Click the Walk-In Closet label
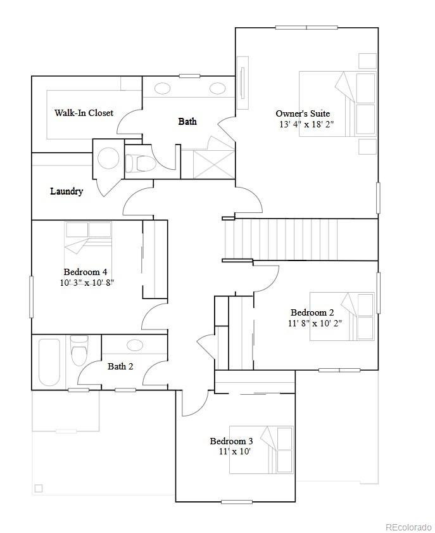coord(84,113)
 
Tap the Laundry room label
coord(66,191)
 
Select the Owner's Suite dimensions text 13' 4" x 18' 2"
coord(306,124)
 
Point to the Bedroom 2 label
coord(312,312)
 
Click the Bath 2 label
coord(120,366)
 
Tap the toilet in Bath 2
coord(79,351)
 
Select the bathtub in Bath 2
coord(49,362)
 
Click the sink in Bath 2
coord(135,345)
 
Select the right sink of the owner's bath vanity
coord(218,87)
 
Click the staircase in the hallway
coord(300,239)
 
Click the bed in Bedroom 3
coord(261,449)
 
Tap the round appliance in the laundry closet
coord(108,158)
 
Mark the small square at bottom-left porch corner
coord(39,488)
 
